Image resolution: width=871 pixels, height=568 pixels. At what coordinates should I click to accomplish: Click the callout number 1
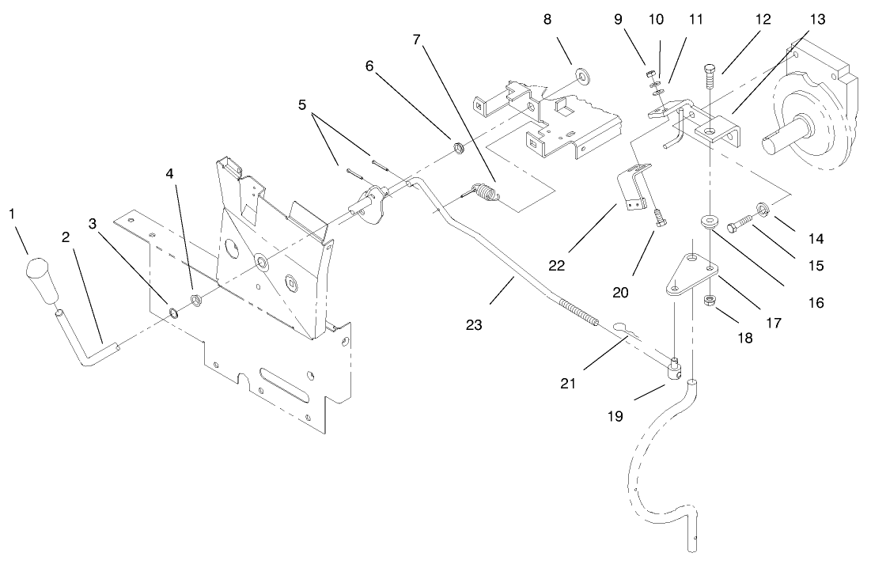pyautogui.click(x=11, y=214)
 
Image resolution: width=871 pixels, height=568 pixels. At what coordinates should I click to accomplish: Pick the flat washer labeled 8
pyautogui.click(x=585, y=75)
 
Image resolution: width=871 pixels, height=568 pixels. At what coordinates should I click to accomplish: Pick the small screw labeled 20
pyautogui.click(x=657, y=214)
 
